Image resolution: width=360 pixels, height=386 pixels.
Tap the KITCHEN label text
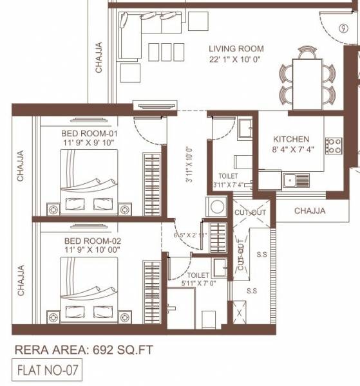291,139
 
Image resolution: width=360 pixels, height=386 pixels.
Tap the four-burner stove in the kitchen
333,145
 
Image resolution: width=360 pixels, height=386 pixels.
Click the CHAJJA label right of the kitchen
310,210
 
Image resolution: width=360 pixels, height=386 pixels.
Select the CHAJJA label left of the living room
99,57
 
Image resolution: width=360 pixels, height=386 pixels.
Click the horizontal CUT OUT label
249,212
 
